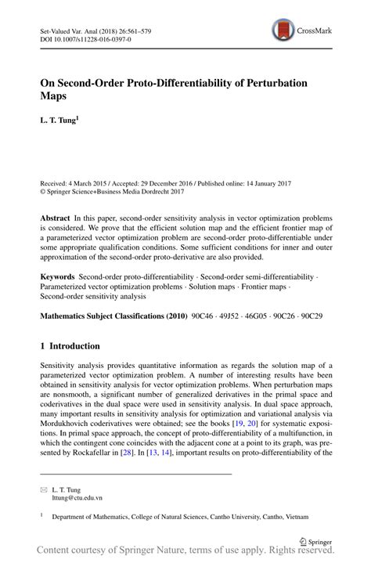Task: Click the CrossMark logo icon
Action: [x=283, y=31]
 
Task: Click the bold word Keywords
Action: [x=59, y=277]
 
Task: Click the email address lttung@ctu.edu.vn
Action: [x=77, y=497]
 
